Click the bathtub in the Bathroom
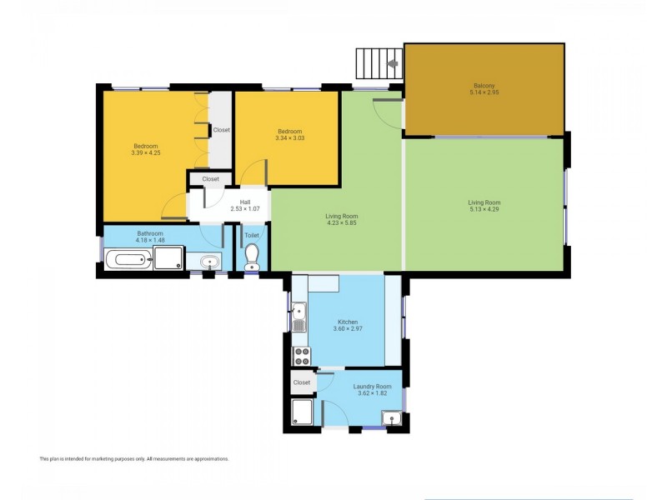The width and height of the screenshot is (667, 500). [x=128, y=262]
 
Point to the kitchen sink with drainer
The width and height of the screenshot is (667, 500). [x=299, y=318]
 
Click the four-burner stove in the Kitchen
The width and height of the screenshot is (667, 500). [x=300, y=356]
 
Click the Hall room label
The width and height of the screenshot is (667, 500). [x=245, y=201]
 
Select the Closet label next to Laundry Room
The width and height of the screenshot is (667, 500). [x=302, y=382]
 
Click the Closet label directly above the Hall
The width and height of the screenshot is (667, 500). [x=210, y=178]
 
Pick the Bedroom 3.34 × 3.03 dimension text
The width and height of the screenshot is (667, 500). [x=289, y=138]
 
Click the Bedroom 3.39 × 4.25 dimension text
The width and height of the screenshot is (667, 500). [x=145, y=152]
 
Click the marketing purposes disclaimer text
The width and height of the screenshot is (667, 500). [x=133, y=458]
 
